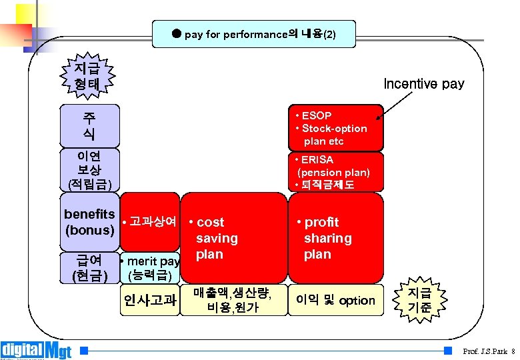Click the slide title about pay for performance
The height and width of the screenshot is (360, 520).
(x=254, y=34)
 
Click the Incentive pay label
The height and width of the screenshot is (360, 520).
(x=424, y=84)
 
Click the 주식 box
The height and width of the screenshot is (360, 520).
(x=89, y=125)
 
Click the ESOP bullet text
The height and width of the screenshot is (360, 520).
(x=316, y=115)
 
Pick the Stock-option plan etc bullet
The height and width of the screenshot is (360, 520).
(x=333, y=135)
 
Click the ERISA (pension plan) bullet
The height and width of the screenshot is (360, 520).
(x=333, y=166)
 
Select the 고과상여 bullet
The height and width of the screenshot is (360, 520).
(x=149, y=221)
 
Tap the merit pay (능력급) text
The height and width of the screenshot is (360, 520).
(x=149, y=268)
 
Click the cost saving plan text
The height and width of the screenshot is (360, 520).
(x=215, y=238)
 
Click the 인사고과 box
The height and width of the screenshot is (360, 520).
(x=149, y=301)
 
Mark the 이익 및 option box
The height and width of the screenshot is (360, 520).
(x=335, y=301)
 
